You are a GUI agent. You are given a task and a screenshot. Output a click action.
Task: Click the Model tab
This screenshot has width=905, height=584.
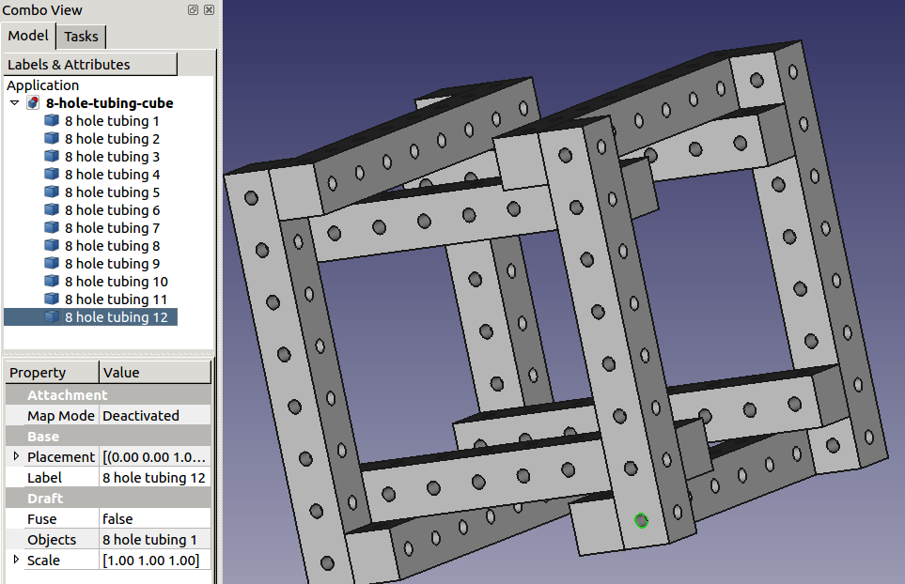(x=28, y=36)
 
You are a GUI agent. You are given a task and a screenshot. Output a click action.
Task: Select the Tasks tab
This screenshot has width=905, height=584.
(x=81, y=37)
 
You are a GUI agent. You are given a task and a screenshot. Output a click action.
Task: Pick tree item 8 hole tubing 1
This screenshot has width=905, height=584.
(x=112, y=121)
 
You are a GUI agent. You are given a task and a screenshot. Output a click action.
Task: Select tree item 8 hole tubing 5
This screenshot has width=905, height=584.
(x=112, y=192)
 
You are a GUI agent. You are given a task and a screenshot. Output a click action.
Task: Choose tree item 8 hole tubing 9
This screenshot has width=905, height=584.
(x=112, y=264)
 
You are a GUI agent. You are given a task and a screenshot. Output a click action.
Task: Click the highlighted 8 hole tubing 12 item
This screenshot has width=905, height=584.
(x=116, y=317)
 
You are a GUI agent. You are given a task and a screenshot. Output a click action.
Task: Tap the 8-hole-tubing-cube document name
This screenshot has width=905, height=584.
(x=109, y=103)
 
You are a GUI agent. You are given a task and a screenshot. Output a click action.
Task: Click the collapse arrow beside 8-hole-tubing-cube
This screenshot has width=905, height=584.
(x=15, y=103)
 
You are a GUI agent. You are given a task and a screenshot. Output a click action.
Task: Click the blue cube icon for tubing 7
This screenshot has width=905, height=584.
(x=52, y=228)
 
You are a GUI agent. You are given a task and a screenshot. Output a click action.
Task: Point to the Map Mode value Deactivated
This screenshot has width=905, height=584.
(x=141, y=415)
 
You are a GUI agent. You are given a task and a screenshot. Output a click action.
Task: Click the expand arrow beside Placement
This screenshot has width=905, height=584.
(x=16, y=456)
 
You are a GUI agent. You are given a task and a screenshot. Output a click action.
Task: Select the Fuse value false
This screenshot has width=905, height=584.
(x=117, y=518)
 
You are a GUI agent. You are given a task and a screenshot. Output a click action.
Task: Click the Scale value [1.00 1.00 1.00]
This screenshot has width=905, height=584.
(x=150, y=560)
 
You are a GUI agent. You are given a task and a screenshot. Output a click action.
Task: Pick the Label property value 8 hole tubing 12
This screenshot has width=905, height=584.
(x=153, y=477)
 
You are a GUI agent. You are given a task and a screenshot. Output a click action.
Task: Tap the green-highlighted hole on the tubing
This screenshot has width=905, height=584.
(x=641, y=520)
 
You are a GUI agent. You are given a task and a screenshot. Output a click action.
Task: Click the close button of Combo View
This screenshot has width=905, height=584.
(x=209, y=9)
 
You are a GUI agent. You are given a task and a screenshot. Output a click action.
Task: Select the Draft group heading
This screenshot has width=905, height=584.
(x=45, y=498)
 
